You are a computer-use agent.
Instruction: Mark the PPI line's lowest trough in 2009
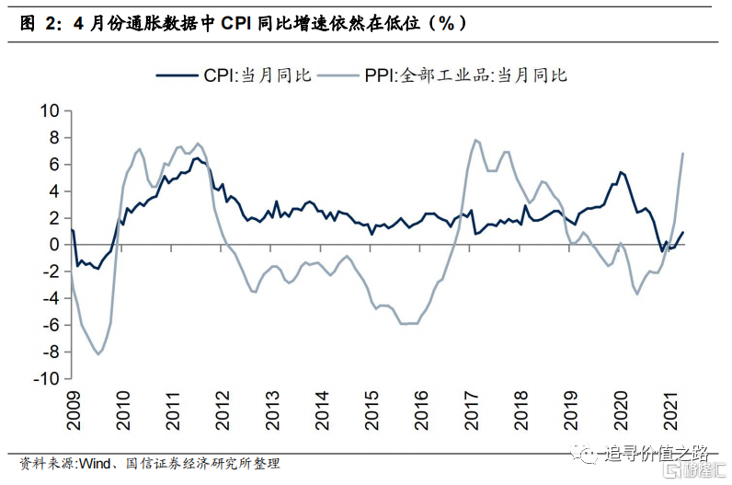pos(98,354)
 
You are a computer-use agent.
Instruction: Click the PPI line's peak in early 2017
pos(475,140)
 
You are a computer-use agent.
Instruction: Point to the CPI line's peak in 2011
pos(195,158)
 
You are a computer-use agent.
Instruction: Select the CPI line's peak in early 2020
pos(621,172)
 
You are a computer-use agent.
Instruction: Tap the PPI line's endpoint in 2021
pos(683,153)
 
